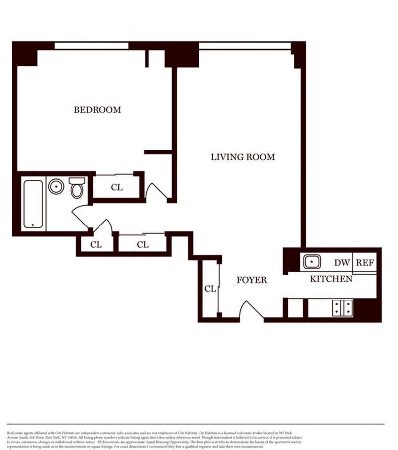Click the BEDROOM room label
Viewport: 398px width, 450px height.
(x=97, y=110)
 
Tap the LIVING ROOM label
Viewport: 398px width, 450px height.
(x=243, y=157)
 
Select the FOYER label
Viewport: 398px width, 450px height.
(x=251, y=280)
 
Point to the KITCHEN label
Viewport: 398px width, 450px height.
(x=331, y=279)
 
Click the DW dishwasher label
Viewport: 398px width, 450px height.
(x=342, y=263)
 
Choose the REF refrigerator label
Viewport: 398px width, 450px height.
(x=365, y=263)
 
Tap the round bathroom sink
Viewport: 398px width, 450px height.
(x=56, y=187)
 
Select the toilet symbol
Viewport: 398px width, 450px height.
(x=76, y=188)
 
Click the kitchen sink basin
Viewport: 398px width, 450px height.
(x=312, y=261)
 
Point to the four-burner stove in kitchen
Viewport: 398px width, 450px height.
(x=343, y=308)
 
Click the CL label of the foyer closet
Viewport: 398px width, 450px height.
(x=210, y=289)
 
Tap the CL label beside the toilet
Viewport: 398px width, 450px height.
(x=117, y=187)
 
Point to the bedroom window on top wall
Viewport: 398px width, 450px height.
(x=92, y=46)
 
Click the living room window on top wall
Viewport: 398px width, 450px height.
(x=245, y=46)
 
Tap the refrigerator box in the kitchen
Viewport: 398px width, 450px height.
(x=365, y=263)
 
